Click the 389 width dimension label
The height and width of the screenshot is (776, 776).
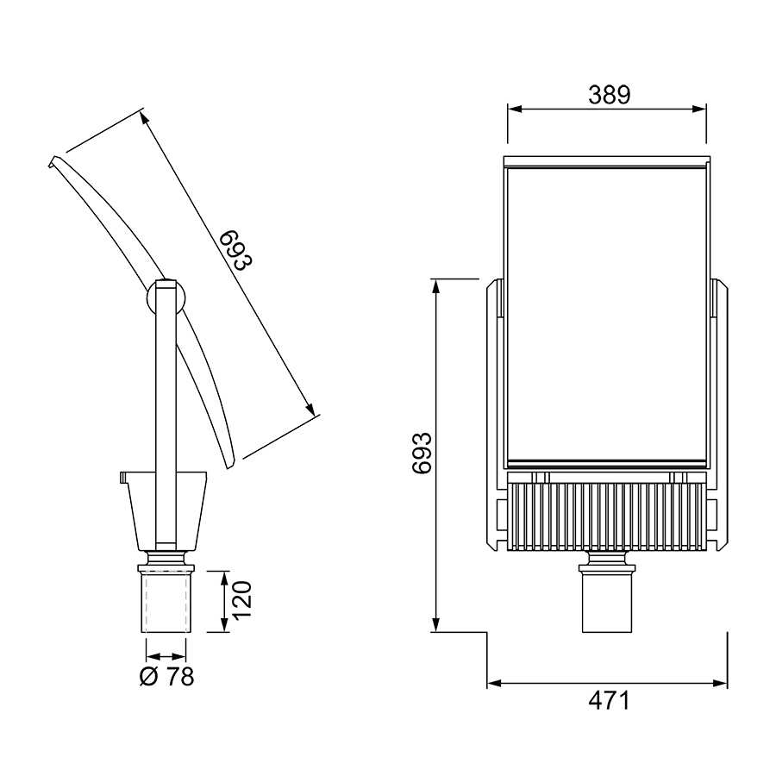(610, 95)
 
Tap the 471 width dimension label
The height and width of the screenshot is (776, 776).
(610, 701)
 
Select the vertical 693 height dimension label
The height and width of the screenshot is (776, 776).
(422, 454)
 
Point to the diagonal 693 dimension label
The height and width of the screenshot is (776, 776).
(236, 250)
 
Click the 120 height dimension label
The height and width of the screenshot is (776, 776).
(242, 599)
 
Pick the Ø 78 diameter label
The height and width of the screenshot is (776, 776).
(166, 677)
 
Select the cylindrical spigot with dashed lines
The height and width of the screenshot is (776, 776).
(166, 601)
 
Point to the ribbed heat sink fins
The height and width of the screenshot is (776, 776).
(607, 516)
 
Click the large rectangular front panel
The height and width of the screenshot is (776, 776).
(607, 316)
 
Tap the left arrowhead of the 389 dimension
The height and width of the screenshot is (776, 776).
(515, 110)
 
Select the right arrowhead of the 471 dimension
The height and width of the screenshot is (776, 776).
(720, 684)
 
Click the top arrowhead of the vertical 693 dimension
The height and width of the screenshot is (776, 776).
(435, 286)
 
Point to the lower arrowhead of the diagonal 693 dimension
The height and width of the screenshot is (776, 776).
(310, 410)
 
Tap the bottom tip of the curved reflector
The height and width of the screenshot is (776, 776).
(228, 466)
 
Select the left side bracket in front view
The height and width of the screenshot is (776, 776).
(495, 415)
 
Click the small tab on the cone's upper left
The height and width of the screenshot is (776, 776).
(123, 477)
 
